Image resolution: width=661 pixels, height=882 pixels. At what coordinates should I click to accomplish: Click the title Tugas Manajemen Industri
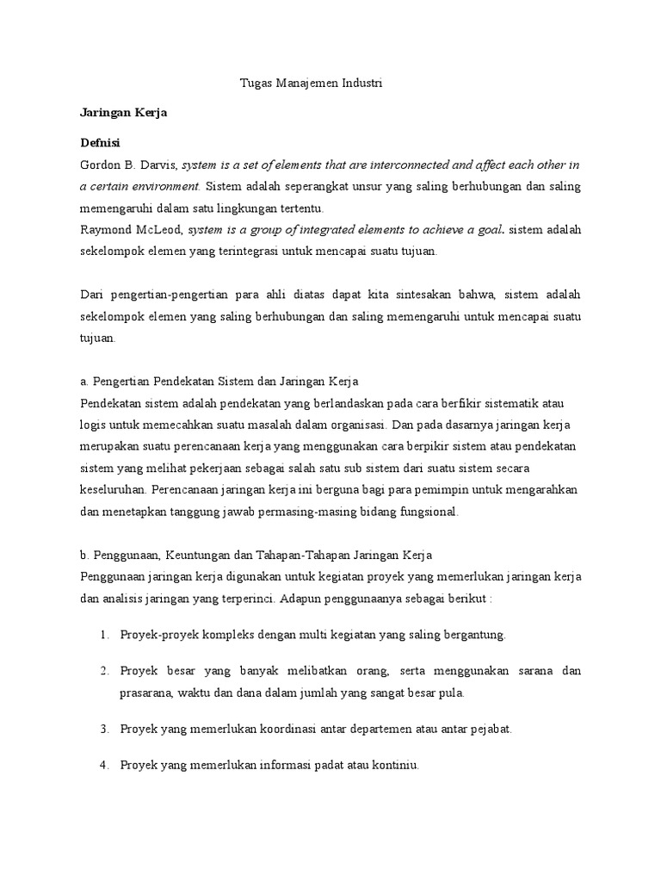point(310,84)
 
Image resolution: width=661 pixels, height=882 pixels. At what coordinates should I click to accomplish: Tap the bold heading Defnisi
point(100,142)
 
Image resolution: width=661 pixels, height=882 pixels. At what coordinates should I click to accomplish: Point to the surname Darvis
point(157,164)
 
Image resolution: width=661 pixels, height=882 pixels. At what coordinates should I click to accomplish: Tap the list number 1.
point(103,635)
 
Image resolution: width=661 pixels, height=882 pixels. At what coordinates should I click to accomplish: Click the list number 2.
point(103,670)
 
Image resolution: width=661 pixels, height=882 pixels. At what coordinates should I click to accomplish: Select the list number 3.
point(103,729)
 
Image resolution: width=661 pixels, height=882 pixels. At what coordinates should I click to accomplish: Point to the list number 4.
point(103,764)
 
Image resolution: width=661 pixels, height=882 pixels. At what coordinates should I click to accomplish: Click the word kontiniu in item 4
point(395,764)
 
